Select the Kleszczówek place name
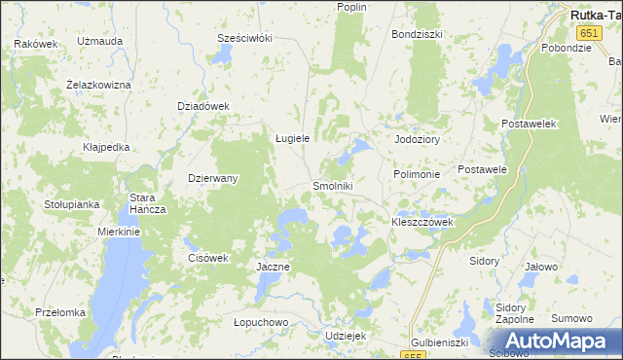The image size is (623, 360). (422, 222)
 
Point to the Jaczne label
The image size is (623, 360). (272, 267)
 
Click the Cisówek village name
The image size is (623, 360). (206, 258)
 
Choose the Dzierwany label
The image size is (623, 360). (213, 179)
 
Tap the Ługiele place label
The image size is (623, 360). (291, 138)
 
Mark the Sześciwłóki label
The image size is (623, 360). (244, 38)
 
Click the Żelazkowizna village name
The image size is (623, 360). (98, 85)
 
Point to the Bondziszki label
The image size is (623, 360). (417, 34)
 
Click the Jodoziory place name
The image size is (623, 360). (417, 139)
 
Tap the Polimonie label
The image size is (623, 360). (417, 173)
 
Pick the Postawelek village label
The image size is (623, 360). (528, 125)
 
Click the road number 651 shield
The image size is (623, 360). (553, 33)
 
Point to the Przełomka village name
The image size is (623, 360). (60, 312)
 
